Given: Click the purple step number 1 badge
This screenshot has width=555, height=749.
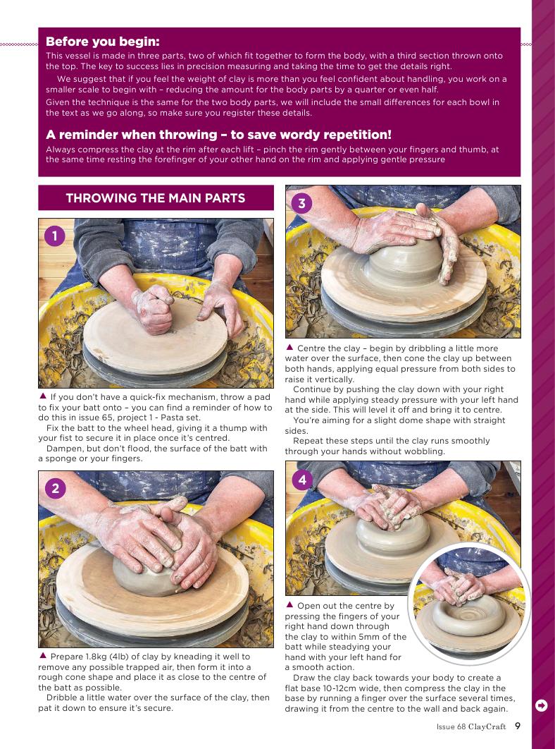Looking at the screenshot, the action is coord(55,236).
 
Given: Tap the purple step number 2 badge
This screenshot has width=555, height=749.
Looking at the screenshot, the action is coord(55,488).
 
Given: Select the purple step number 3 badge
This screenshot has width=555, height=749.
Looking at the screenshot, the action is coord(301,204).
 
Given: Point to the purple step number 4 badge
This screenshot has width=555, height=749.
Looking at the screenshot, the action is coord(301,480).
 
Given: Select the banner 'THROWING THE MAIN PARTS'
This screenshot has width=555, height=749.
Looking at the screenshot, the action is coord(156,197).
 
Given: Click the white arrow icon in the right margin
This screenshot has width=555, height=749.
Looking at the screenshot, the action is coord(542,705).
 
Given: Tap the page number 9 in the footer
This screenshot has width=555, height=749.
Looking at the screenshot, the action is coord(518,726).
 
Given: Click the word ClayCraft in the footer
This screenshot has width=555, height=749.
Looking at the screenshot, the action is coord(487,726).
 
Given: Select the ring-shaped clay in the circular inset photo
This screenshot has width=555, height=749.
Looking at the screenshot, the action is coord(468,618).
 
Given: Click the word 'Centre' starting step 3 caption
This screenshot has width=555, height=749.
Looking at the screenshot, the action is coord(310,348).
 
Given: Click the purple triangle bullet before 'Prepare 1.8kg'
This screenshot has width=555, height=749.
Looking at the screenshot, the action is coord(42,655).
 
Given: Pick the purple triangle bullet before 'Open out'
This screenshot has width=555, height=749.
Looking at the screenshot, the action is coord(289,604).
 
